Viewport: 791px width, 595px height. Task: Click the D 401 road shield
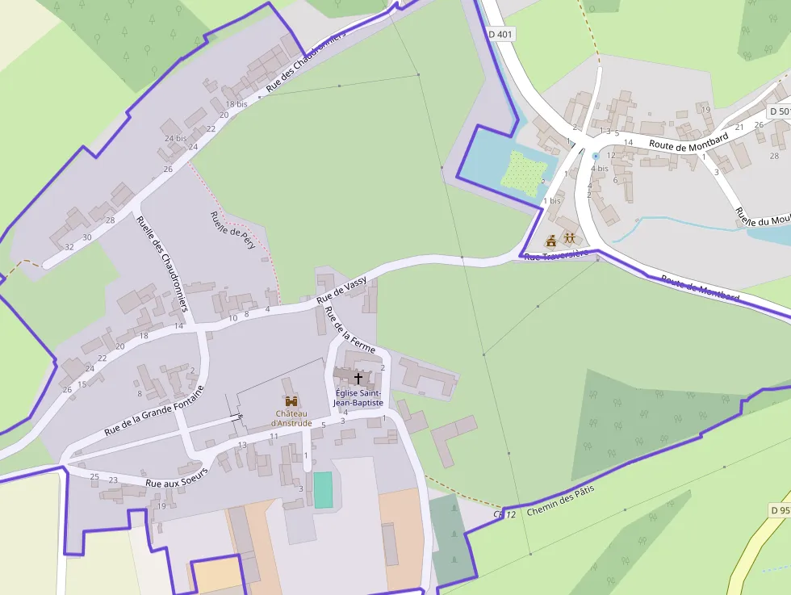[x=500, y=35]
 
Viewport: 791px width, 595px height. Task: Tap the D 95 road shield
[x=780, y=510]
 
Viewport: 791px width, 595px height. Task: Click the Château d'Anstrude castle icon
[x=291, y=400]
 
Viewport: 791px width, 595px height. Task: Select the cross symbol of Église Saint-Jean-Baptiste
[x=358, y=378]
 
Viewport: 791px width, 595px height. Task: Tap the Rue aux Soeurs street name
[x=177, y=477]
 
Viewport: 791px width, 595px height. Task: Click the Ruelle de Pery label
[x=232, y=230]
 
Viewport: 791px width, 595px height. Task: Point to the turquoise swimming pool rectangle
[x=323, y=490]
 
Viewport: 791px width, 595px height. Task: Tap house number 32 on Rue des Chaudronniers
[x=69, y=247]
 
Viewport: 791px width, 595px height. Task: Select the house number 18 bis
[x=236, y=104]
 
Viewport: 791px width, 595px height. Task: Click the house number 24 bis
[x=175, y=138]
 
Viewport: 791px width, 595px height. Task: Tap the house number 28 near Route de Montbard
[x=775, y=156]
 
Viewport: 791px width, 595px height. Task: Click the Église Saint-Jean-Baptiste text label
[x=359, y=397]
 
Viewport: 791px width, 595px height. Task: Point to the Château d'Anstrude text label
[x=291, y=418]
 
